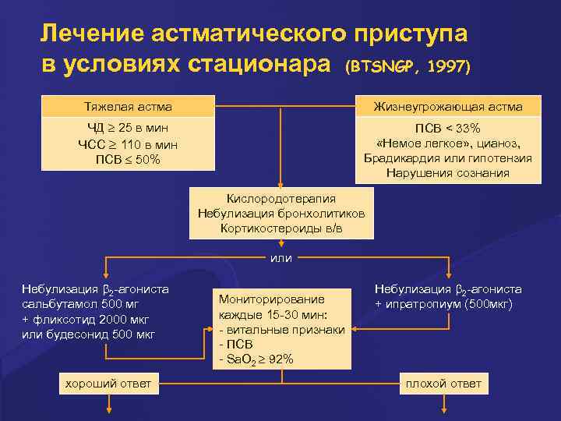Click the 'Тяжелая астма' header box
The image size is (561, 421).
(x=128, y=106)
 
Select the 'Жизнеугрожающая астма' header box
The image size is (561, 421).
(x=448, y=106)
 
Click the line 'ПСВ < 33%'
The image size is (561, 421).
(x=448, y=128)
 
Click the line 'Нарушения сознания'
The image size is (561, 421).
(x=448, y=172)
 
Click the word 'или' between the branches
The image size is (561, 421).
(x=281, y=258)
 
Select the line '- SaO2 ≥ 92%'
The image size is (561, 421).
(x=257, y=359)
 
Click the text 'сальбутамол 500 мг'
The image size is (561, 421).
(x=83, y=305)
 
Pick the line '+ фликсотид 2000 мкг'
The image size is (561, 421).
(x=86, y=320)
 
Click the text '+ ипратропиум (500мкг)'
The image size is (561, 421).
(x=443, y=304)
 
